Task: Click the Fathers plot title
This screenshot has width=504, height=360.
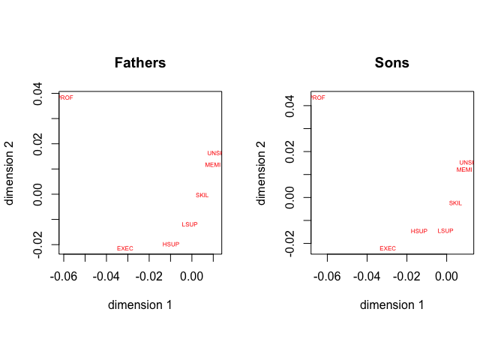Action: pos(139,63)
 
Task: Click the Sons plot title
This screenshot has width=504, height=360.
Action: pos(391,63)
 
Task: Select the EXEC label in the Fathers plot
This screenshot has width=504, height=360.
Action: pos(125,248)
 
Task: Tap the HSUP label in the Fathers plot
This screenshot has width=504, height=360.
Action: pos(171,244)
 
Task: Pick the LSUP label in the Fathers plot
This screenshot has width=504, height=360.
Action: pos(190,224)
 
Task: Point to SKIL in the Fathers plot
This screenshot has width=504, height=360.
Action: pos(202,195)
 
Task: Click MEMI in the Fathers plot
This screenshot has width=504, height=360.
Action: pos(213,165)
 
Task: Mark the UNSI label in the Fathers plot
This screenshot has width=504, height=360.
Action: pos(214,153)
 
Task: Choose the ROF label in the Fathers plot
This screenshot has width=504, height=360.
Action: pos(67,97)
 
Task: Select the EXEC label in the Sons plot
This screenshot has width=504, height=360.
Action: pos(388,248)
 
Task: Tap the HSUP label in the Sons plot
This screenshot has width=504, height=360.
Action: pos(419,231)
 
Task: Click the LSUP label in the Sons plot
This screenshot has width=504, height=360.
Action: pos(445,230)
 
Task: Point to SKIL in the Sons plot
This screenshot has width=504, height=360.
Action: pos(455,202)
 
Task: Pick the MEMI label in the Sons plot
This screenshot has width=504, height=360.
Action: pos(465,169)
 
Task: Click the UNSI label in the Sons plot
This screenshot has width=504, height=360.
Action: pos(466,162)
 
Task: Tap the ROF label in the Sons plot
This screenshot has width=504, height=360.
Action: pos(319,97)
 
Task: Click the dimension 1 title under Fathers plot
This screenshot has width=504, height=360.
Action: pos(139,305)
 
